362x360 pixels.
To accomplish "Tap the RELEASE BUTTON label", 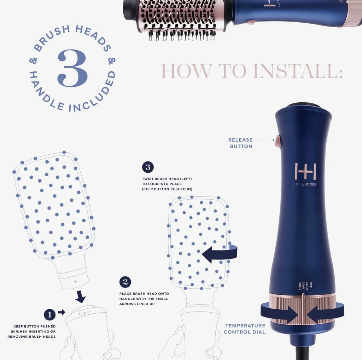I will click(240, 143).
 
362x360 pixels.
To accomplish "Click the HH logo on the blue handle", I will click(305, 171).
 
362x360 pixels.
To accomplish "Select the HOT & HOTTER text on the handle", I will click(305, 184).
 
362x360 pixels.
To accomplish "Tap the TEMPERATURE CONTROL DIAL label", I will click(245, 328).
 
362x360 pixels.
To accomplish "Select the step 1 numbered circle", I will click(49, 314).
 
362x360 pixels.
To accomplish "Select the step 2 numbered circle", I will click(125, 282).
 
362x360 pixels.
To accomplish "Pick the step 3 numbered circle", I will click(148, 167).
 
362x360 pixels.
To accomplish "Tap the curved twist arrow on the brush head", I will click(219, 253).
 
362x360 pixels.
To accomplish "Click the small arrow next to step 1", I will click(61, 312).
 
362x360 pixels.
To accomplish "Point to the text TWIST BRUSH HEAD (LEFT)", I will click(167, 179).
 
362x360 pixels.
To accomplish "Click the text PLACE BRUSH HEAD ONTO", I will click(144, 294).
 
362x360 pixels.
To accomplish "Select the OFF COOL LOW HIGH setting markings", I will click(303, 285).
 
